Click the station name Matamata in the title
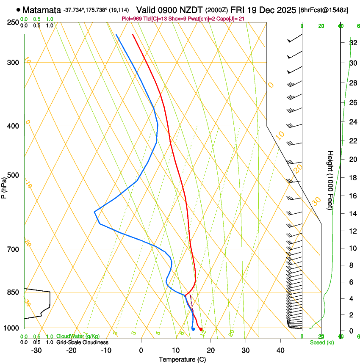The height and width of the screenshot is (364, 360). click(42, 10)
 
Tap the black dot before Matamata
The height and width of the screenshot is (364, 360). click(18, 10)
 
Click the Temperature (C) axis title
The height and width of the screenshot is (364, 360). click(182, 359)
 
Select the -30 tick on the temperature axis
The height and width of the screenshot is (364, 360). click(36, 350)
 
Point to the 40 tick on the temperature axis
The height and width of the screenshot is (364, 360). click(280, 350)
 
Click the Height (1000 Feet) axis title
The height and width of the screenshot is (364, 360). click(330, 180)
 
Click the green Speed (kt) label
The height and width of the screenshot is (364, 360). click(321, 342)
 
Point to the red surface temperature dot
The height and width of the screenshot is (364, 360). click(201, 329)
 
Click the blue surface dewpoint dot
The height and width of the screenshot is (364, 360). click(193, 329)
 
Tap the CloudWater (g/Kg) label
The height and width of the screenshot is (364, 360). click(78, 336)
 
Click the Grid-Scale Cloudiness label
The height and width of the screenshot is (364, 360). click(82, 342)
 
